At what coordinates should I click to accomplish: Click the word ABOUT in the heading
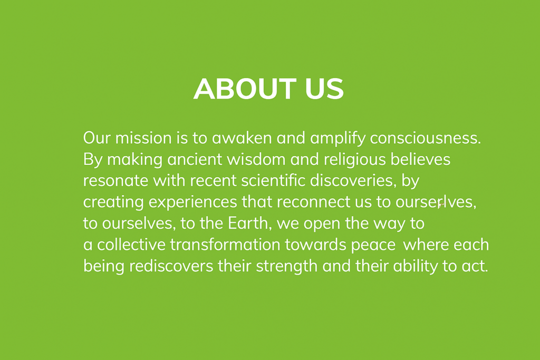[245, 89]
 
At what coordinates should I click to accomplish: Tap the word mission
[143, 138]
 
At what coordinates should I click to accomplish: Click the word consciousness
[426, 138]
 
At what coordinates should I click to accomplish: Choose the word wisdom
[256, 159]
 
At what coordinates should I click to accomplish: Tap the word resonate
[115, 181]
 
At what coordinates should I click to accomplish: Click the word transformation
[225, 245]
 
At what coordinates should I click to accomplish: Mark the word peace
[373, 246]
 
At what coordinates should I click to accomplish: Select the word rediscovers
[171, 266]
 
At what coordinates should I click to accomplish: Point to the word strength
[286, 267]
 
